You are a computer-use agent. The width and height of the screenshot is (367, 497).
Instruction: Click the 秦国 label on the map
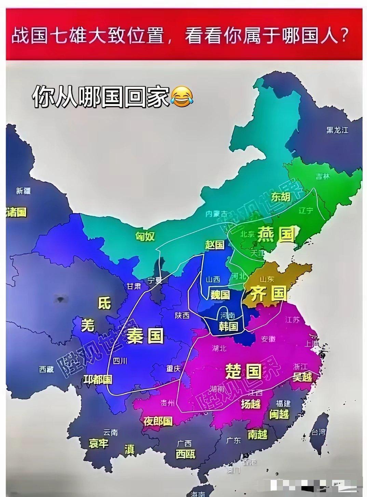coord(145,336)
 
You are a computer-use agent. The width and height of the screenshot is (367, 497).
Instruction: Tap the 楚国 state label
coord(243,371)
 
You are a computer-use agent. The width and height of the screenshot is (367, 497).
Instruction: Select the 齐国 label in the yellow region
coord(268,294)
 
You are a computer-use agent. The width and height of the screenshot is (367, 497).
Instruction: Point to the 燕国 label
coord(276,234)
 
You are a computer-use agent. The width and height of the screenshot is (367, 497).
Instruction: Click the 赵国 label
coord(215,244)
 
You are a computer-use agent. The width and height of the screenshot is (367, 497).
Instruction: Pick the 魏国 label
coord(220,294)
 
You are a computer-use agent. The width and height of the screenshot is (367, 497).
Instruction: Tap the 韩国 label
coord(228,326)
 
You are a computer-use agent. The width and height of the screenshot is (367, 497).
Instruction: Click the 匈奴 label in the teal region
coord(145,236)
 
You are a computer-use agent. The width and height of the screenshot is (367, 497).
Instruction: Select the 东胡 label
coord(281,197)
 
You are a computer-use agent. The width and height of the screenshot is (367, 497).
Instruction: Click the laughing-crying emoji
coord(181,96)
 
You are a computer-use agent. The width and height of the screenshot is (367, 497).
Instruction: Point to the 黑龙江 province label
coord(337,130)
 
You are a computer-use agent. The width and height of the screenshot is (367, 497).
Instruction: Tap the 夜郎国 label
coord(158,421)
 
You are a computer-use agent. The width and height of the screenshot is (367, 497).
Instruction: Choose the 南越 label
coord(257,434)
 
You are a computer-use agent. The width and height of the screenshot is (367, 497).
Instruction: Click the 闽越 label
coord(279,414)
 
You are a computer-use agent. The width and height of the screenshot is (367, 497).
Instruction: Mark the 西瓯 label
coord(186,454)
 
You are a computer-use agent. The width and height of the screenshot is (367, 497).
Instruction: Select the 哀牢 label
coord(99,443)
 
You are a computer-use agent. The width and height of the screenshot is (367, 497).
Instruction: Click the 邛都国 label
coord(98,379)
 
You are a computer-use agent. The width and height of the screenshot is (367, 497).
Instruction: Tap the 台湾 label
coord(318,432)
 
